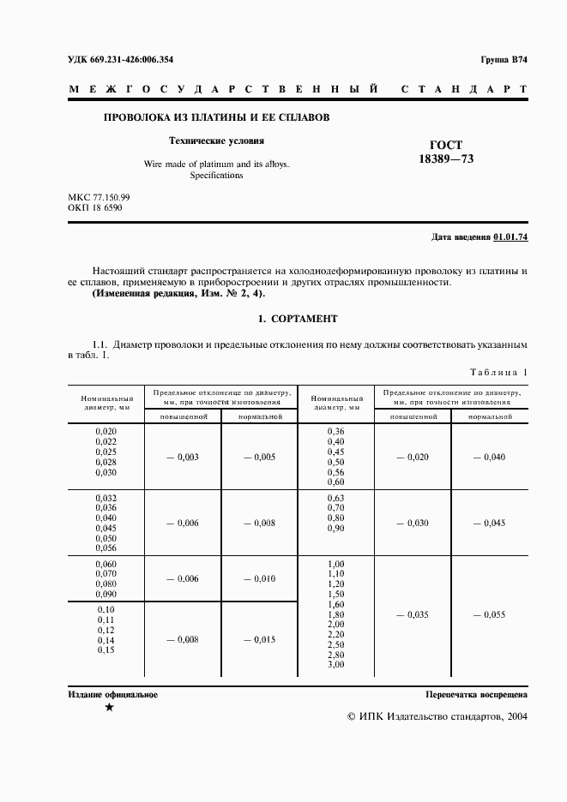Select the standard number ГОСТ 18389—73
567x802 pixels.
(x=445, y=153)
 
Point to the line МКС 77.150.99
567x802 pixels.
(x=99, y=197)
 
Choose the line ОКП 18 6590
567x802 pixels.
(x=94, y=207)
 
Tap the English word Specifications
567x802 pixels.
(x=216, y=175)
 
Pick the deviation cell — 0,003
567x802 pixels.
(x=183, y=458)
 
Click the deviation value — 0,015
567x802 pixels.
(x=259, y=639)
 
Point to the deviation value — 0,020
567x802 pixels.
(x=412, y=458)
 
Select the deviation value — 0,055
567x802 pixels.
(x=489, y=615)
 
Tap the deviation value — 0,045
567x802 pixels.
(x=489, y=524)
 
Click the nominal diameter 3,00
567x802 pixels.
(x=335, y=665)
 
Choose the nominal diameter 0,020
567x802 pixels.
(x=106, y=432)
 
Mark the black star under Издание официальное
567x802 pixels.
(x=109, y=709)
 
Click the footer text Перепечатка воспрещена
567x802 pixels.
(x=476, y=695)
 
